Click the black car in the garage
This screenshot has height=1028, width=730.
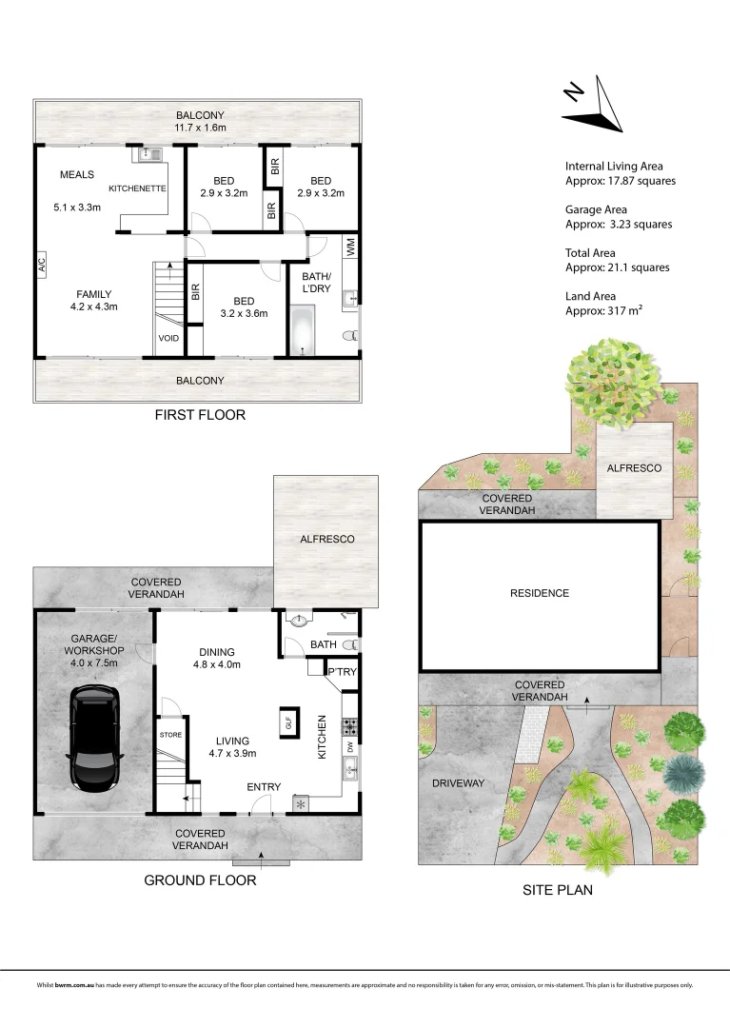click(95, 739)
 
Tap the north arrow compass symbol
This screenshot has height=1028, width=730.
click(592, 105)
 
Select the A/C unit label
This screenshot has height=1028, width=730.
click(41, 265)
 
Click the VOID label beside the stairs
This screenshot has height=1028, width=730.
click(168, 338)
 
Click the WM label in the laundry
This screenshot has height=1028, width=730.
click(350, 247)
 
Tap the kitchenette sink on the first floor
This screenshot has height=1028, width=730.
click(150, 155)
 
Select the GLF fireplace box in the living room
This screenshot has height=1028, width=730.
click(289, 722)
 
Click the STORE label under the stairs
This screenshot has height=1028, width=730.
click(170, 735)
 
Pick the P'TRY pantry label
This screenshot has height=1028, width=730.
click(342, 672)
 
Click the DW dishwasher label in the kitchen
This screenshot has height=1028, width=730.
click(350, 746)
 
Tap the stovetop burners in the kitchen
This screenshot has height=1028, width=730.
click(349, 726)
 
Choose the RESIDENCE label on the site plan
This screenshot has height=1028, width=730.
click(540, 593)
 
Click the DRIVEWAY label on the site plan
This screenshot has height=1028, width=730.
click(458, 782)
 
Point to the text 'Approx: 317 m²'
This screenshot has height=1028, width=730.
click(603, 310)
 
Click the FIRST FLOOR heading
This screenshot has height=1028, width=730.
click(200, 415)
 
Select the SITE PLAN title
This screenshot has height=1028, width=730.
click(558, 890)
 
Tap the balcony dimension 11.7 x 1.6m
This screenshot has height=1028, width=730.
click(200, 128)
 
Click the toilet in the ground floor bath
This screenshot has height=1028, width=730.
click(351, 644)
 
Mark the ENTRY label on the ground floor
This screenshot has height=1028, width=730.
click(264, 787)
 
